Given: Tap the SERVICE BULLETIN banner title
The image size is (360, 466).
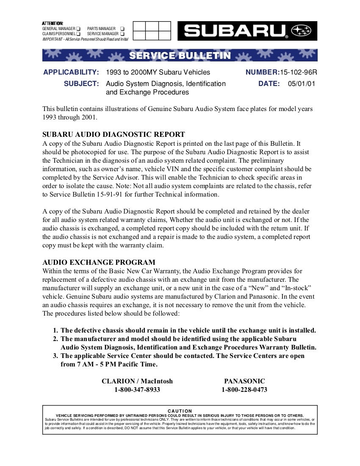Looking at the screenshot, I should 180,56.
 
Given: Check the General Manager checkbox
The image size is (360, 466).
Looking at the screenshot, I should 78,28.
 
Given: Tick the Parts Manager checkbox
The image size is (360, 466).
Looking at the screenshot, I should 122,28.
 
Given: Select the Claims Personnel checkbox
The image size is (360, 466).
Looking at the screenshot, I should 78,33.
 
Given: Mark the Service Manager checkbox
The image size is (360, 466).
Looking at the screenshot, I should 122,33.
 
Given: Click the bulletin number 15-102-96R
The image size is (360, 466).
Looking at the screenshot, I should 298,72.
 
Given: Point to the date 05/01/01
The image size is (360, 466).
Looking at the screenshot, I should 302,83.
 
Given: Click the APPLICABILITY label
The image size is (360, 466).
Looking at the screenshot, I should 71,72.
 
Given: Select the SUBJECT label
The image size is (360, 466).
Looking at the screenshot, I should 81,83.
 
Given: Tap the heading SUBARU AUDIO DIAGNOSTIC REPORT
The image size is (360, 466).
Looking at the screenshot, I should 114,135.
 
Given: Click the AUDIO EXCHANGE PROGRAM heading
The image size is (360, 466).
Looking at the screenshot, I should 99,262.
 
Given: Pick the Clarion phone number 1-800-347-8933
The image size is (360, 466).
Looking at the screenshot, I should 137,390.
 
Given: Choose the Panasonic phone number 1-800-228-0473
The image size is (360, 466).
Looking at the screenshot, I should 244,390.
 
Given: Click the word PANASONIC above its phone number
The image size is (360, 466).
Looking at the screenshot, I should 244,381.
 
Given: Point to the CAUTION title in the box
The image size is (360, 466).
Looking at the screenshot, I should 180,411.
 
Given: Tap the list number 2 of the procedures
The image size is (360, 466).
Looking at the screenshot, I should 55,339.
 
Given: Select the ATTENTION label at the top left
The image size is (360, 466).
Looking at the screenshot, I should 53,23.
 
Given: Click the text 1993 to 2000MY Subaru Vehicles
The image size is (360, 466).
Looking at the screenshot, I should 158,72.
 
